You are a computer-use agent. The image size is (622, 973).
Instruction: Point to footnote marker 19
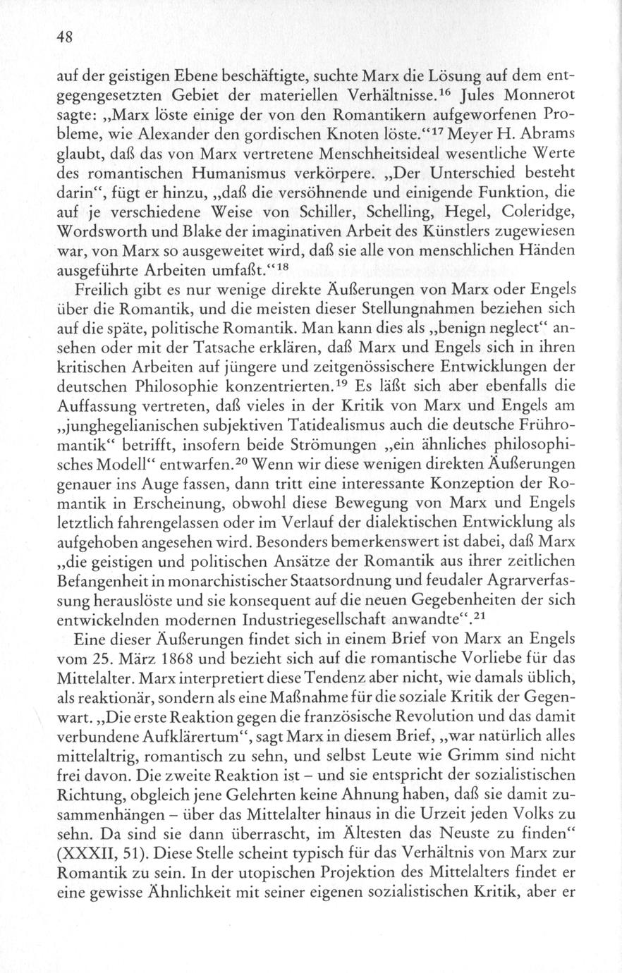[336, 386]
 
